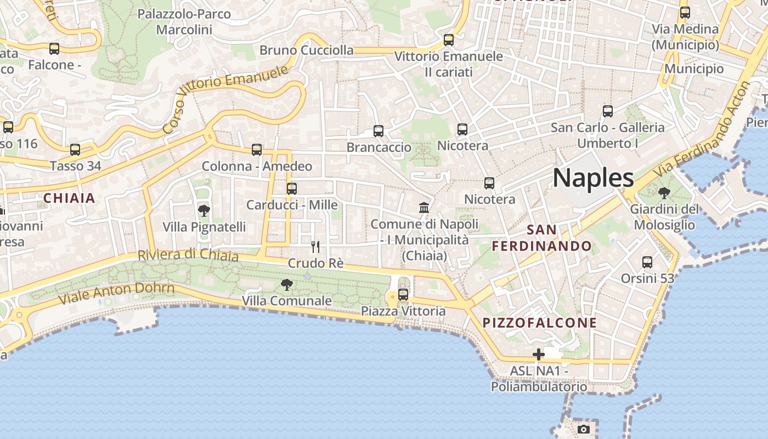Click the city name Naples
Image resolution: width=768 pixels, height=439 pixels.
[593, 178]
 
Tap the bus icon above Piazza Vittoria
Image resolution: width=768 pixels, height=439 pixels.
[403, 295]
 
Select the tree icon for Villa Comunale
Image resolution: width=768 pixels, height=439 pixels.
[286, 284]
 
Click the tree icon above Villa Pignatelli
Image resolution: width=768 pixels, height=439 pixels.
[204, 210]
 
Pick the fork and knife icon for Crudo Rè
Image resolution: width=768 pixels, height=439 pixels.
[315, 247]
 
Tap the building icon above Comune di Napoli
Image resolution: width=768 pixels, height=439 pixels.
[424, 207]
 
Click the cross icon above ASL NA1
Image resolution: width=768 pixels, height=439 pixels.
[539, 354]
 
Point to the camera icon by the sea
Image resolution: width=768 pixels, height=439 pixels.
[584, 429]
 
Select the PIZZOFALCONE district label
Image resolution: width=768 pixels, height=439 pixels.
[539, 323]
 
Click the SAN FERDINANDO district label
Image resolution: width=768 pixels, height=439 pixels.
[542, 238]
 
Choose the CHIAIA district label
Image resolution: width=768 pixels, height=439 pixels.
[69, 198]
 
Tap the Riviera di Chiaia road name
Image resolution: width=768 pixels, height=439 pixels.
[188, 256]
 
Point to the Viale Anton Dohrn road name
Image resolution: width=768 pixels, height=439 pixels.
[116, 294]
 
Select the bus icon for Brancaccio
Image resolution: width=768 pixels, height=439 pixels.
[379, 131]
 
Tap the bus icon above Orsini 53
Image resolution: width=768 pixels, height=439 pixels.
[647, 262]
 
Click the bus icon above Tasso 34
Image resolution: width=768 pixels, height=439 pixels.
[75, 149]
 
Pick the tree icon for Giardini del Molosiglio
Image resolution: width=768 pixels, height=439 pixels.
[664, 193]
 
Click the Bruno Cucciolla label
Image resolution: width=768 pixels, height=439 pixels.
[307, 50]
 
